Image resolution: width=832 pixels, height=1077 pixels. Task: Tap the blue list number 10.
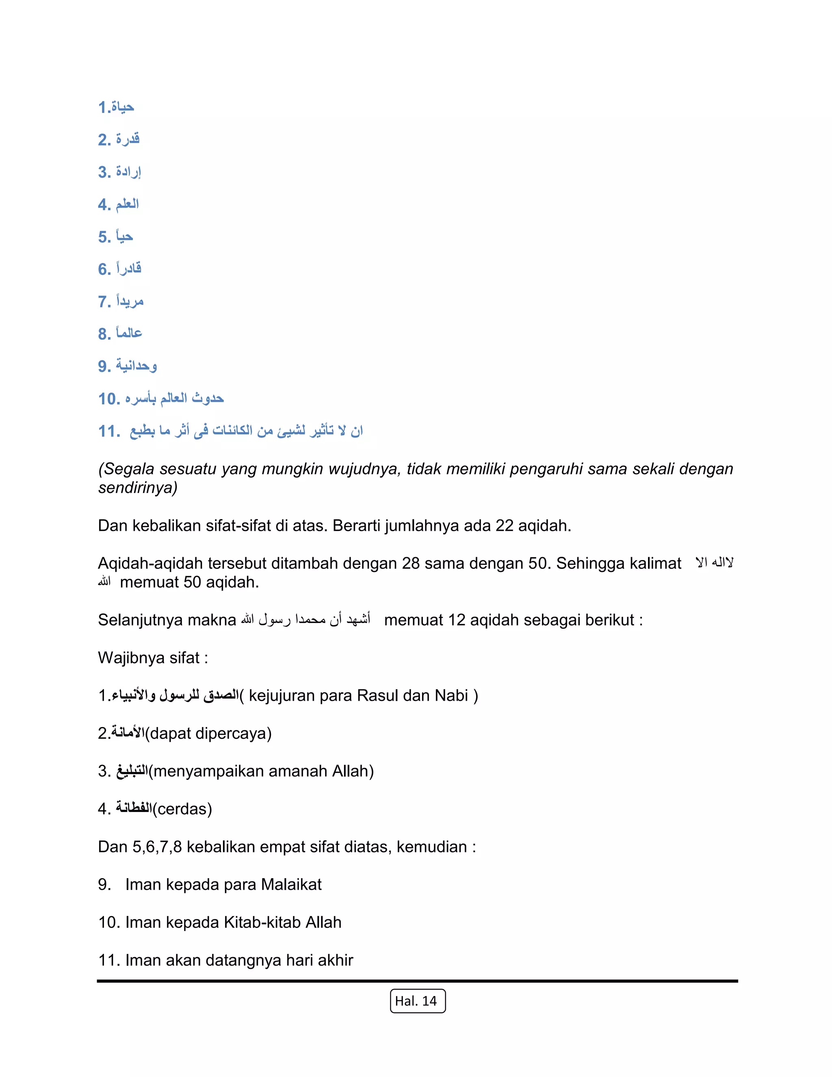109,398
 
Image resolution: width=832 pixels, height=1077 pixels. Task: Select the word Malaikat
291,884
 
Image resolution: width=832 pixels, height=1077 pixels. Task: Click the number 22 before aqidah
504,525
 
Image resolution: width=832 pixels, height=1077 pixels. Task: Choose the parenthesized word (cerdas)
182,809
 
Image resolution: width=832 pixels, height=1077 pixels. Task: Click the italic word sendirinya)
138,488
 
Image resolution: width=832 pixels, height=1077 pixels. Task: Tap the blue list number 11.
109,431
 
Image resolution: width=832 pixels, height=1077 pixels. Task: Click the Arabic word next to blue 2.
128,139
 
